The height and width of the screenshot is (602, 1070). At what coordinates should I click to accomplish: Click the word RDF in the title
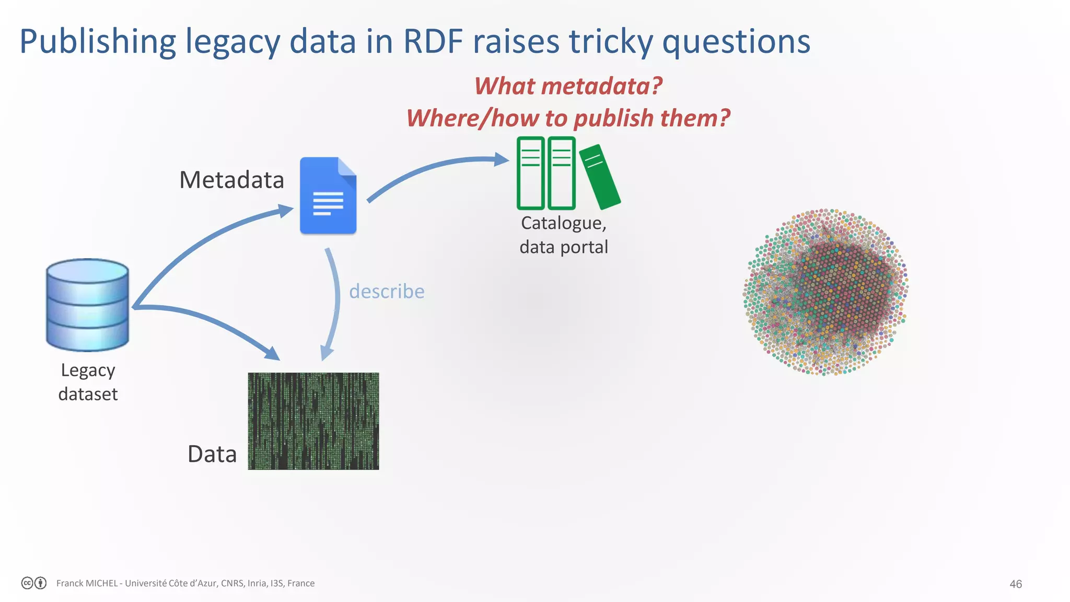pos(433,41)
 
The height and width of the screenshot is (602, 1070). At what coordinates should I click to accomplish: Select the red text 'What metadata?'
pos(568,86)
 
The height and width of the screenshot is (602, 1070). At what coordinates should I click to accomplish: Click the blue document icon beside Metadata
pos(328,196)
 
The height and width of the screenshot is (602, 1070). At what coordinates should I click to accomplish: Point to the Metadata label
pos(231,180)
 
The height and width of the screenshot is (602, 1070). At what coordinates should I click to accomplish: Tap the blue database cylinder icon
pos(87,305)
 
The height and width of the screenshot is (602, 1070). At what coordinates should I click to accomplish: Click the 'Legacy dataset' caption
pos(88,382)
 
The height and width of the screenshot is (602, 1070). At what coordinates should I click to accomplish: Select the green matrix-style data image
pos(313,421)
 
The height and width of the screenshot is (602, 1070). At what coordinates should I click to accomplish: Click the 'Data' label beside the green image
pos(212,454)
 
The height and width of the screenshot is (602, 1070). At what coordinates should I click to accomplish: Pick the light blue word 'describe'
pos(387,291)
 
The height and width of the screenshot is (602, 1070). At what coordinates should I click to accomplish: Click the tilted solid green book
pos(600,177)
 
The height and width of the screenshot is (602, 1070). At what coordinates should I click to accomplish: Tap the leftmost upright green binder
pos(530,173)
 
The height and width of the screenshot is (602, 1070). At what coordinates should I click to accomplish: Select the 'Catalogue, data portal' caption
pos(564,235)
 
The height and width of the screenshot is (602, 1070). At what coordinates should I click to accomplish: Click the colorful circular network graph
pos(826,292)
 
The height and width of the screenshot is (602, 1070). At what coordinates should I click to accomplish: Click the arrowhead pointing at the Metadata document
pos(285,211)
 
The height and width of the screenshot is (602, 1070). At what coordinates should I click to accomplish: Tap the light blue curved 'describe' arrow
pos(334,303)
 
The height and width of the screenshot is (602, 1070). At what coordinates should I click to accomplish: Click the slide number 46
pos(1015,584)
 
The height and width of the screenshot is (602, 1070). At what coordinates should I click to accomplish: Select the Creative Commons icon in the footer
pos(28,583)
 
